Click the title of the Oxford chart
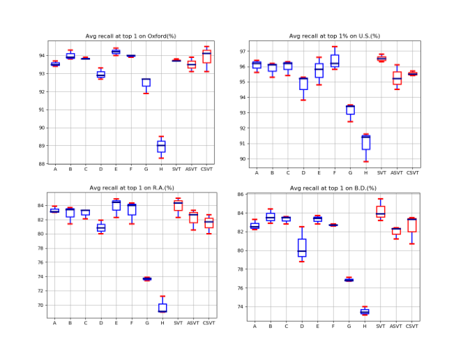[x=130, y=36]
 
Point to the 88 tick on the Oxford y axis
[x=42, y=164]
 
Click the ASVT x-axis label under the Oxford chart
[x=191, y=170]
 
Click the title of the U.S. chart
[x=334, y=36]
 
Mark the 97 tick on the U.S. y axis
[x=243, y=52]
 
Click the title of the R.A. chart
[x=132, y=188]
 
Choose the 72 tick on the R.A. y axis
[x=40, y=291]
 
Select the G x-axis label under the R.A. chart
[x=147, y=323]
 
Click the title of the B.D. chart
[x=333, y=188]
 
